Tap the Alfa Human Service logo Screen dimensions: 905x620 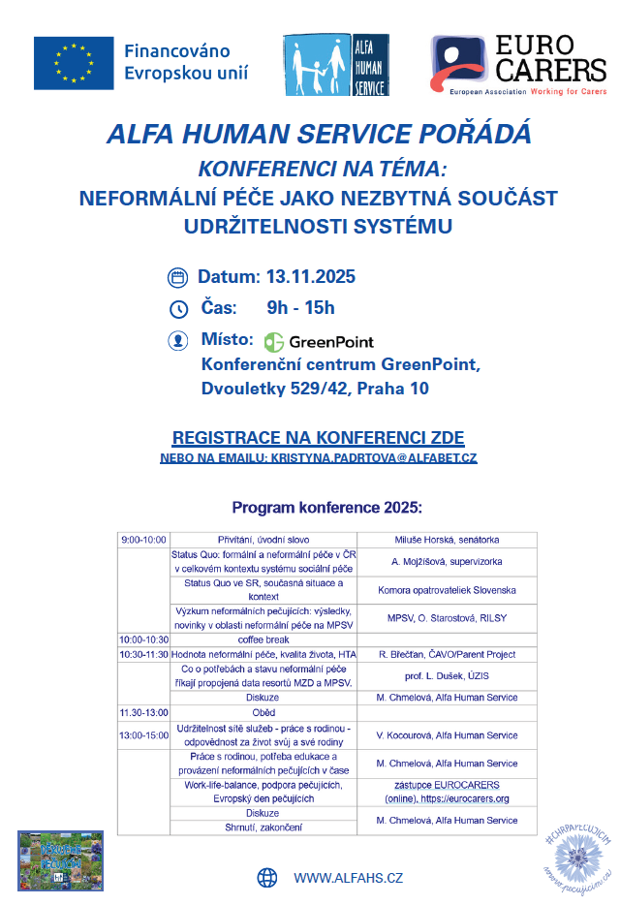coord(335,64)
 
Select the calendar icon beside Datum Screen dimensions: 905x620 coord(177,277)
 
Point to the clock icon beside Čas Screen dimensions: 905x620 coord(177,309)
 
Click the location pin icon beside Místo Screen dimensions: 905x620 coord(177,341)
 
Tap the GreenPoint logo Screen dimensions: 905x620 coord(319,341)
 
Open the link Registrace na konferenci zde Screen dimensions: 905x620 coord(318,436)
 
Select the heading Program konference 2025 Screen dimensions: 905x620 coord(326,508)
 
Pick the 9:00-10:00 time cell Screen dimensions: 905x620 coord(143,540)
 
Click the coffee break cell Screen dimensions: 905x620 coord(263,640)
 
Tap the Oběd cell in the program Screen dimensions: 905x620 coord(263,712)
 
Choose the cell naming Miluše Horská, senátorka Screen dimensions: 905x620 coord(447,540)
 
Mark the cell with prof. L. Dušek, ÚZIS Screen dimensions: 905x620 coord(447,675)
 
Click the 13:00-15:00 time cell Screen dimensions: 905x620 coord(143,735)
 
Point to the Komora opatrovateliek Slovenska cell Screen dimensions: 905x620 coord(447,590)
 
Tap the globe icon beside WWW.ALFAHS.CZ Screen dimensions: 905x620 coord(267,878)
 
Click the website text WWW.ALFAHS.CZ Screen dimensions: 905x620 coord(348,878)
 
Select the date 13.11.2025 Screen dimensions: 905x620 coord(311,277)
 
